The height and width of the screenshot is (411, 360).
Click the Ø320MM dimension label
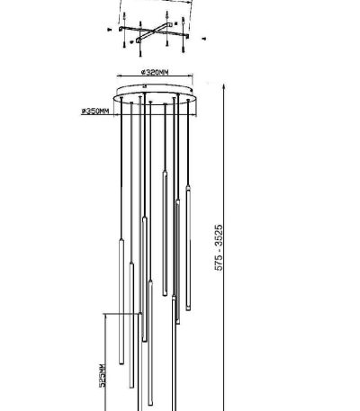click(157, 70)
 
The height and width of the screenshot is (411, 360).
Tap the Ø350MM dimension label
click(95, 112)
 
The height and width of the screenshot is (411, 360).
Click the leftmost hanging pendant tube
click(117, 297)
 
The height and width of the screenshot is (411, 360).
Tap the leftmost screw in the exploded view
click(109, 30)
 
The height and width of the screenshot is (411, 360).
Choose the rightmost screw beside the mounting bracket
click(205, 39)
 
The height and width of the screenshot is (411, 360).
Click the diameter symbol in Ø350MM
click(83, 112)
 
